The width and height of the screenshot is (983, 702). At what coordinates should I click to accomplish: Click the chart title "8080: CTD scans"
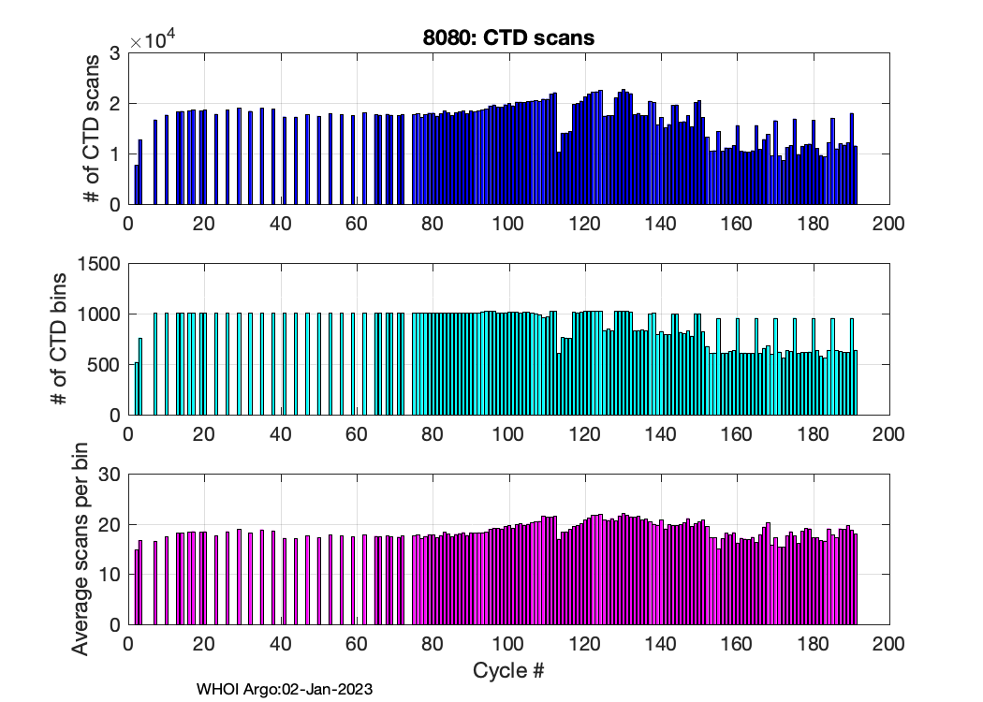click(x=508, y=38)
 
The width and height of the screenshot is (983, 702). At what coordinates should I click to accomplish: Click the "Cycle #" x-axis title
click(x=508, y=671)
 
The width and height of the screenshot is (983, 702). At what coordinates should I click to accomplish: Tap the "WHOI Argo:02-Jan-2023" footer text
click(x=285, y=690)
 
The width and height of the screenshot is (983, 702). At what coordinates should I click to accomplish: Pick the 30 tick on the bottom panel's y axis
click(x=110, y=475)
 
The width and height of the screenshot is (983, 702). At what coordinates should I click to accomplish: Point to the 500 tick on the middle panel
click(x=106, y=365)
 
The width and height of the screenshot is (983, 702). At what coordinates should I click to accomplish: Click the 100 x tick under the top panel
click(x=508, y=225)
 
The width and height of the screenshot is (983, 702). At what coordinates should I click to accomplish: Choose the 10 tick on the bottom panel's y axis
click(x=110, y=575)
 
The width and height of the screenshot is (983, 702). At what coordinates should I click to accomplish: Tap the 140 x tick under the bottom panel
click(x=660, y=645)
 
